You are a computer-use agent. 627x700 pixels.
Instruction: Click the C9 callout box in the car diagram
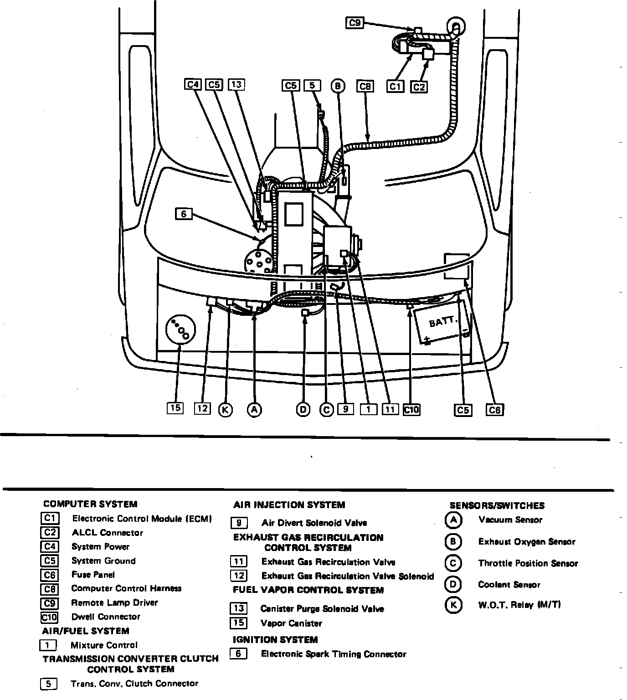pyautogui.click(x=355, y=22)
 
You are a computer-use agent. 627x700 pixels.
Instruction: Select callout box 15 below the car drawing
pyautogui.click(x=175, y=408)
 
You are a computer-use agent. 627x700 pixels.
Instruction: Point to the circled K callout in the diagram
pyautogui.click(x=225, y=410)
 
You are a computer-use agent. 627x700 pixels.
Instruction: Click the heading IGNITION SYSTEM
pyautogui.click(x=275, y=639)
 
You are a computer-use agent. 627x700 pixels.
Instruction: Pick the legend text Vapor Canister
pyautogui.click(x=291, y=623)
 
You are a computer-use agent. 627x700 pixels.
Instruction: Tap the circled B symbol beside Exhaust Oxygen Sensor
pyautogui.click(x=453, y=541)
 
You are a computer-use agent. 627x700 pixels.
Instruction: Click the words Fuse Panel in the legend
pyautogui.click(x=93, y=575)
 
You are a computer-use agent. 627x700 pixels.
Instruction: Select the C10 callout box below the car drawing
pyautogui.click(x=411, y=410)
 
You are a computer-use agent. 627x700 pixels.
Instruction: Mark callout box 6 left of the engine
pyautogui.click(x=184, y=213)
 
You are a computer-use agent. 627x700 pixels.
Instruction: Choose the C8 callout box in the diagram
pyautogui.click(x=366, y=86)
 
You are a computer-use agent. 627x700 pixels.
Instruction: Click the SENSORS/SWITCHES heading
pyautogui.click(x=497, y=505)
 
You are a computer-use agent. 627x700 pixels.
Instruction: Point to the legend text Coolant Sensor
pyautogui.click(x=509, y=584)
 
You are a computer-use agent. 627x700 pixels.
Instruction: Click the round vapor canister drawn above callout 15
pyautogui.click(x=180, y=329)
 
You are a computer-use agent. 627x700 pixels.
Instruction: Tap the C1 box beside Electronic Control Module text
pyautogui.click(x=49, y=519)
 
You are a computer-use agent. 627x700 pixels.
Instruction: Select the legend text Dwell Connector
pyautogui.click(x=106, y=617)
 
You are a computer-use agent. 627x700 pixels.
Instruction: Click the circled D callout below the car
pyautogui.click(x=303, y=410)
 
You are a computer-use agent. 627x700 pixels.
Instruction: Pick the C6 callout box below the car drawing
pyautogui.click(x=495, y=410)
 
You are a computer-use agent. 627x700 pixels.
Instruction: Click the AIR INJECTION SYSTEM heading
pyautogui.click(x=289, y=504)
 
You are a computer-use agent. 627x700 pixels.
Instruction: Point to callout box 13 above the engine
pyautogui.click(x=236, y=84)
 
